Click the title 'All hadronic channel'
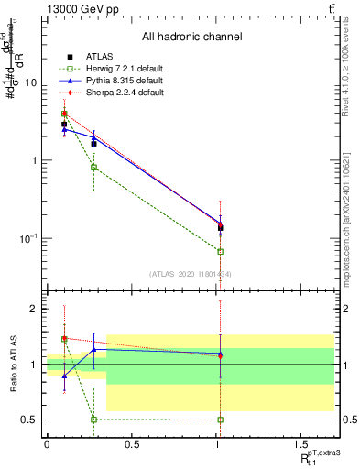[191, 37]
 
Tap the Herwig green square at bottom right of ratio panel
[220, 420]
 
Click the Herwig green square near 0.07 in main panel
[220, 251]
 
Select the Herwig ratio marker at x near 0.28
[93, 420]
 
